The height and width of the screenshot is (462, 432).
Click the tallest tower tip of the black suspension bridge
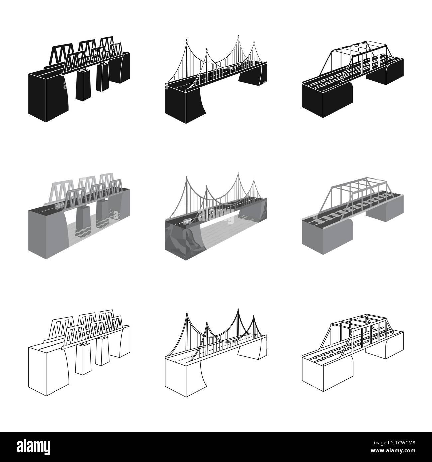[238, 35]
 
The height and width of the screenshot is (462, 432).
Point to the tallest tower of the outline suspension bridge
[238, 312]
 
